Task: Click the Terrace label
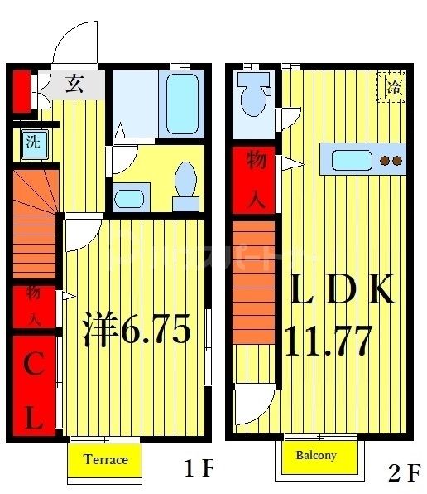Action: click(x=105, y=460)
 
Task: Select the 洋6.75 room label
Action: click(x=137, y=331)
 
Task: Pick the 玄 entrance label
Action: click(x=75, y=83)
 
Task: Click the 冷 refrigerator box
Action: click(x=391, y=86)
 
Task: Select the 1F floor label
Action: click(x=199, y=470)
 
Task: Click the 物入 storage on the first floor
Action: click(x=34, y=306)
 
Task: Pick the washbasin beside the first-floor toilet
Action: click(x=128, y=198)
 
